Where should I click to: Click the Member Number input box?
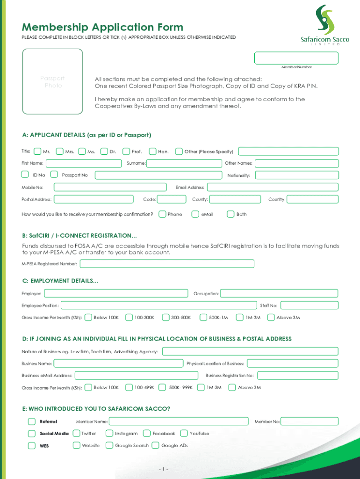point(296,58)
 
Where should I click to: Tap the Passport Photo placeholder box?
point(53,82)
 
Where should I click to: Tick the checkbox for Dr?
point(105,152)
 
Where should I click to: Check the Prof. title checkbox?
point(126,152)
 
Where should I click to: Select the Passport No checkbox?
point(54,175)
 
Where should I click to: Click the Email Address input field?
point(273,187)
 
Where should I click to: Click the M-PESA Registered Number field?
point(167,264)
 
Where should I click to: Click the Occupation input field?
point(279,294)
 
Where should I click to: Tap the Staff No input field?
point(309,305)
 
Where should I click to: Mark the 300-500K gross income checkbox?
point(166,318)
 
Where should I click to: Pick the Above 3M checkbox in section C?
point(271,318)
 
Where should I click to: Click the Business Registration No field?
point(297,375)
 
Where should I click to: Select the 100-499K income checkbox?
point(130,387)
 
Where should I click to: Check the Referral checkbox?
point(31,421)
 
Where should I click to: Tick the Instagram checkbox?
point(109,434)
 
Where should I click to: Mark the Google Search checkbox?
point(109,446)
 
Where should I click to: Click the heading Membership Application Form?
point(102,27)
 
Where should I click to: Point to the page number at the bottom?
point(163,469)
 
